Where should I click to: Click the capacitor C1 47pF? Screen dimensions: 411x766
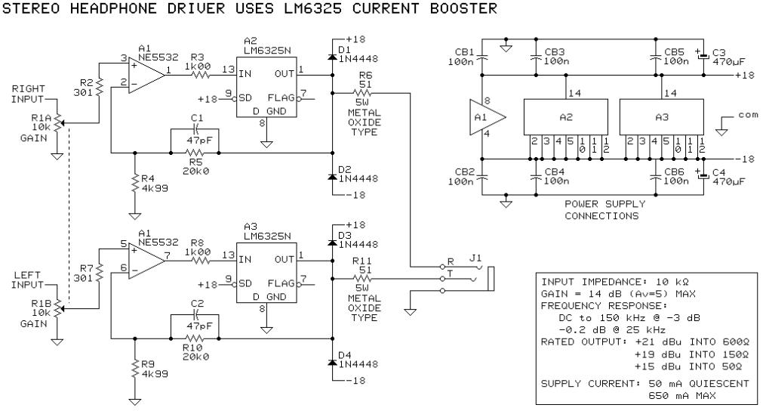(x=195, y=129)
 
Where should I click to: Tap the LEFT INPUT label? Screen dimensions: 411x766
(x=27, y=280)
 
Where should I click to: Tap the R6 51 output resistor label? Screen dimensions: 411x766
(x=368, y=81)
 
